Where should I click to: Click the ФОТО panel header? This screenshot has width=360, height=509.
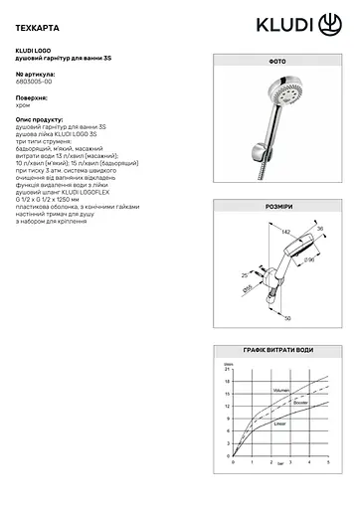click(277, 87)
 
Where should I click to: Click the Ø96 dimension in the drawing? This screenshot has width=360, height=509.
click(308, 261)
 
